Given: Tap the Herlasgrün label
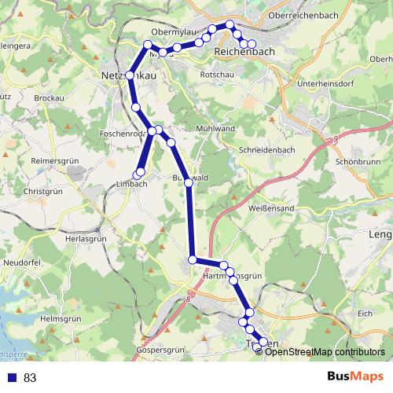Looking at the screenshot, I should click(x=85, y=237).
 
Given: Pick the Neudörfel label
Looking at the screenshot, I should click(x=21, y=261).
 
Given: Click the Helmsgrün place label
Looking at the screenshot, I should click(x=61, y=318).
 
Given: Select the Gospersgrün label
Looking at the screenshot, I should click(x=160, y=348).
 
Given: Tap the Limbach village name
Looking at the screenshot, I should click(x=131, y=185).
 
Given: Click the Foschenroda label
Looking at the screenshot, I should click(x=124, y=134).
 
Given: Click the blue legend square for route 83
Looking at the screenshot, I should click(x=11, y=378).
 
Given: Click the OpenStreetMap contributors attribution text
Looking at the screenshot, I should click(x=325, y=352).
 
